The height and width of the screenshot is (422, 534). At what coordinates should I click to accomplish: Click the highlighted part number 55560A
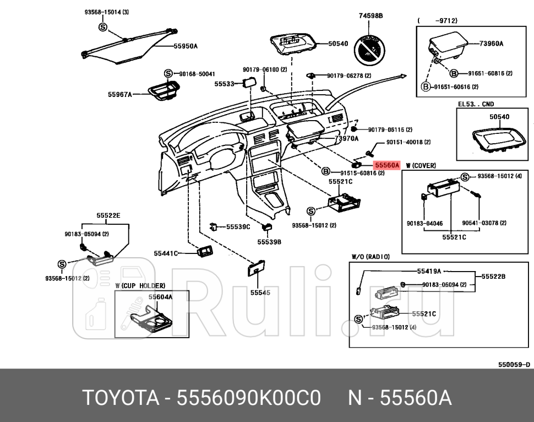(386, 164)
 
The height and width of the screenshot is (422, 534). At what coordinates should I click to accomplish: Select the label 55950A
(186, 46)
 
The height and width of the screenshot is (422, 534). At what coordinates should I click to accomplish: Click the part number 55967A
(120, 94)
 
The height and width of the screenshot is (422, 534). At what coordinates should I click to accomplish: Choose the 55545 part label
(260, 293)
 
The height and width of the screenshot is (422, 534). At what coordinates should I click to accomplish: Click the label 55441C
(166, 253)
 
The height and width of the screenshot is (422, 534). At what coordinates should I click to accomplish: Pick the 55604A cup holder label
(160, 296)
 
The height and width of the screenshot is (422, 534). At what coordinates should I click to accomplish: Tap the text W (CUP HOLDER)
(140, 285)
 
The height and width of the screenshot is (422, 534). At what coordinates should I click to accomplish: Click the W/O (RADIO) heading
(370, 256)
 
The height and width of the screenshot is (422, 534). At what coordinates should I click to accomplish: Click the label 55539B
(269, 241)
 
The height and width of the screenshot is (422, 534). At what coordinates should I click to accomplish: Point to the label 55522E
(108, 215)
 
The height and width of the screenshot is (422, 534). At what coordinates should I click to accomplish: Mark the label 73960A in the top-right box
(491, 43)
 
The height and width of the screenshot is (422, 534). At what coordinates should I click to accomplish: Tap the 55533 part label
(224, 84)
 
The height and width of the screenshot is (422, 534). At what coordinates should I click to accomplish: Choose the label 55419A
(429, 271)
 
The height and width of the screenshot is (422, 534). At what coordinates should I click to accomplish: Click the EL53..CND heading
(476, 104)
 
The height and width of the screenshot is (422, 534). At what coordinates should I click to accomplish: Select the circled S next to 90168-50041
(168, 74)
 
